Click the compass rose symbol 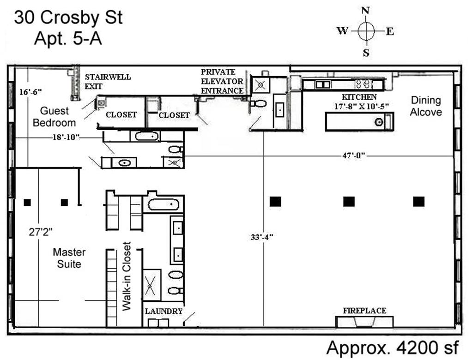click(365, 31)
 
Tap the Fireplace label click(364, 311)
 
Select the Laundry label click(164, 312)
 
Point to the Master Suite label click(69, 258)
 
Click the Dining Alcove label click(426, 106)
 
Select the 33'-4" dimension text click(262, 237)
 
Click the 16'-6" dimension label click(30, 92)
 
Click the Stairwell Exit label click(107, 81)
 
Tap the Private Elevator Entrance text click(221, 81)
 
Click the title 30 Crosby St click(68, 18)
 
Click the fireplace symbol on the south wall click(364, 322)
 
